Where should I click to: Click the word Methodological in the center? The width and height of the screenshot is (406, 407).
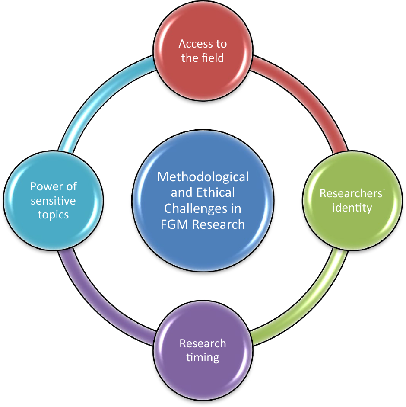point(203,177)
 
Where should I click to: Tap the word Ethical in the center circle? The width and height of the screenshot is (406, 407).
point(215,192)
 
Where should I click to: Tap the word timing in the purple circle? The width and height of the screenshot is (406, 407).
point(203,358)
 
